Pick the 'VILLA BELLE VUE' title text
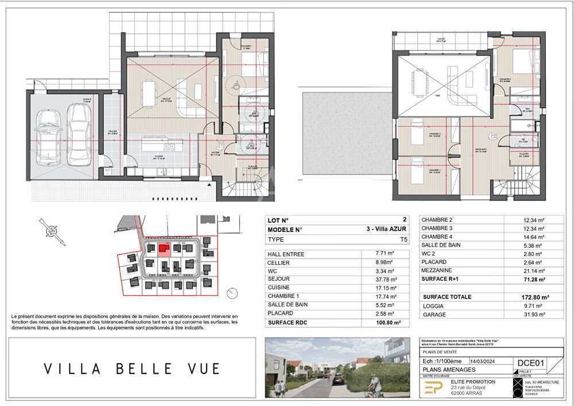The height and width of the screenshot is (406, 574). click(x=132, y=368)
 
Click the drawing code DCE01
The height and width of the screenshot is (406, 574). click(x=530, y=363)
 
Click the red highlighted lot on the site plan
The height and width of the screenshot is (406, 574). click(x=164, y=249)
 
